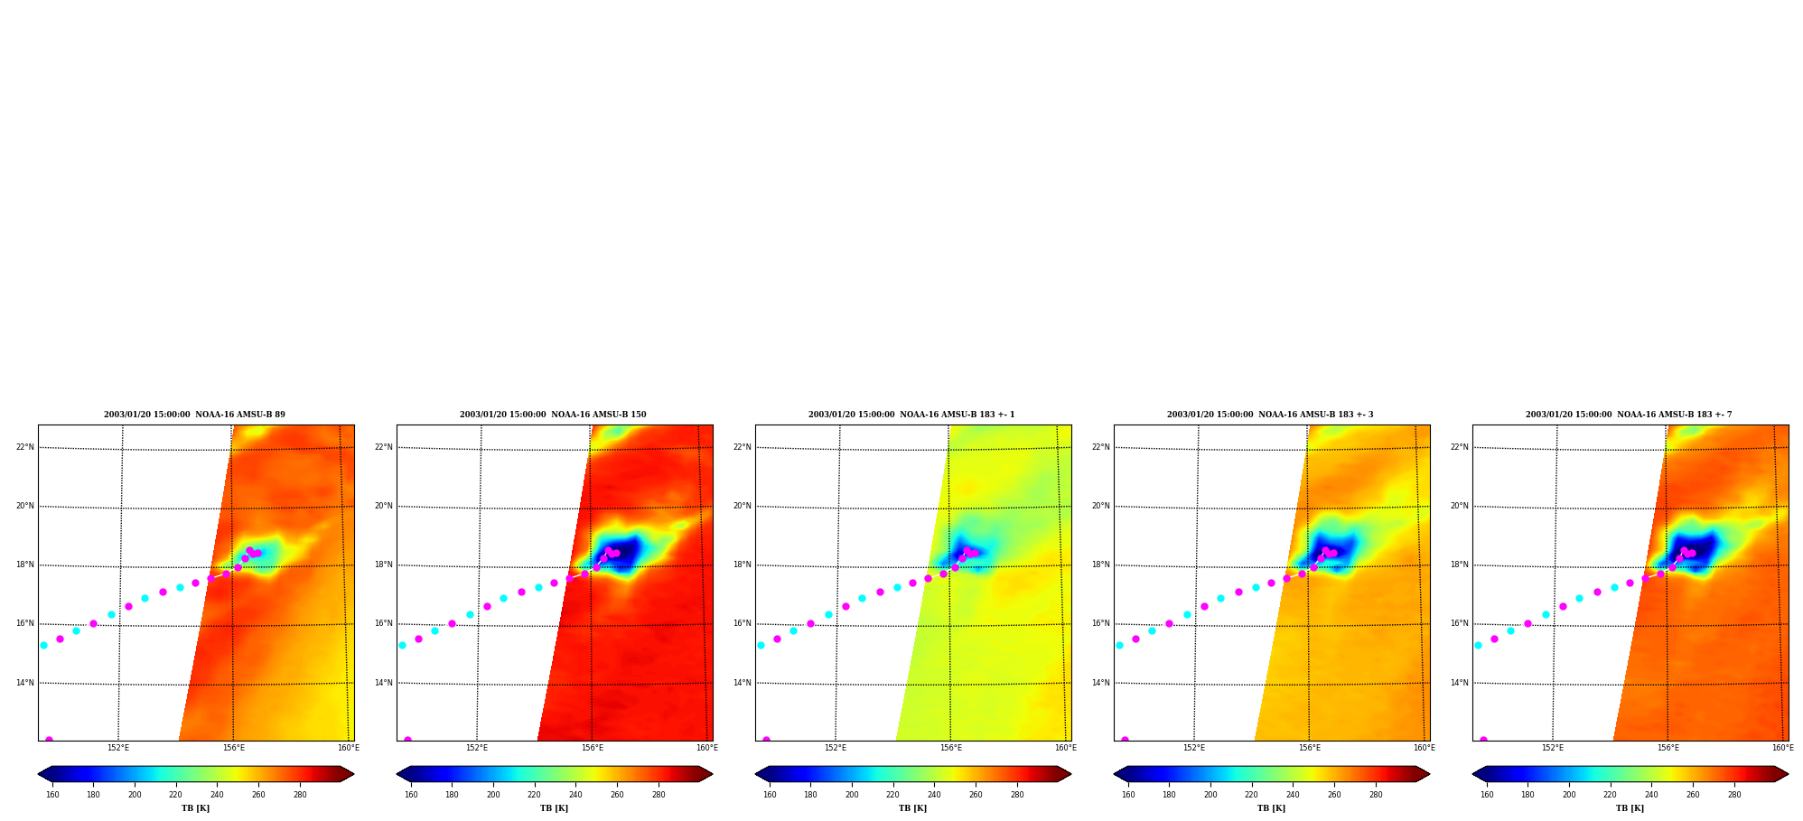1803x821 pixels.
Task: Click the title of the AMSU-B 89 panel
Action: tap(194, 415)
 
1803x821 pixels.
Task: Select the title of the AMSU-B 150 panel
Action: tap(553, 415)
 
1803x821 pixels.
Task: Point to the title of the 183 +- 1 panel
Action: tap(911, 415)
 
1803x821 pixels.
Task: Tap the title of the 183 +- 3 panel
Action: tap(1270, 415)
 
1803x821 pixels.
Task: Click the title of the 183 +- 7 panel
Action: tap(1629, 415)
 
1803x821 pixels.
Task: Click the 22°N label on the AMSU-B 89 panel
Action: tap(25, 447)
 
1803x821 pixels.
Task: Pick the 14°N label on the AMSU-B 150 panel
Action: tap(384, 683)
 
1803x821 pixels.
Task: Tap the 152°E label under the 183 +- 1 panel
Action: tap(836, 748)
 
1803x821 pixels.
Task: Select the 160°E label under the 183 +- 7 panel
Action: tap(1782, 748)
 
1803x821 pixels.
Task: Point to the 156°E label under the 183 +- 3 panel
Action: tap(1309, 748)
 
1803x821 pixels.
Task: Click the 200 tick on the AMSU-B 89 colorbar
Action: tap(135, 795)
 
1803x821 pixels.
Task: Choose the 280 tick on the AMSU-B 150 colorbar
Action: tap(659, 795)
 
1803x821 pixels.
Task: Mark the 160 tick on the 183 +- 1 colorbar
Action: tap(770, 795)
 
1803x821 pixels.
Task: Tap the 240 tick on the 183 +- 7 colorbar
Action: tap(1651, 795)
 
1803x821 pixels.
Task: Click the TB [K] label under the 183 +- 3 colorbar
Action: tap(1271, 808)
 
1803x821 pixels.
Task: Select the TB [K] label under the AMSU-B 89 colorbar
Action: tap(195, 808)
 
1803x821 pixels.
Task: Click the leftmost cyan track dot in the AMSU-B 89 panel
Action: tap(43, 645)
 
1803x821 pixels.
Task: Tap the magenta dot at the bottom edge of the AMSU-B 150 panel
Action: tap(407, 740)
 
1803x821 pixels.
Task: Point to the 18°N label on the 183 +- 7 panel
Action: tap(1460, 564)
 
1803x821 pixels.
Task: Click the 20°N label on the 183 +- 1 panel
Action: tap(743, 506)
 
